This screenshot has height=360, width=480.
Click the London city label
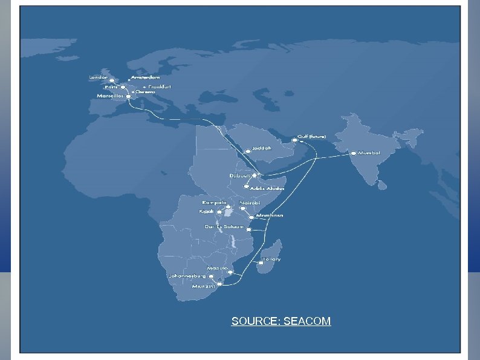pos(98,77)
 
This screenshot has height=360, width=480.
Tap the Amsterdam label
pos(146,77)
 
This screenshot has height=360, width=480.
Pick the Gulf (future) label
pos(311,137)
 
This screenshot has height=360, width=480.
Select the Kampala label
pos(215,202)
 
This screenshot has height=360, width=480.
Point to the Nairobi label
pos(250,202)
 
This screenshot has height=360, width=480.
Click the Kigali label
pos(207,212)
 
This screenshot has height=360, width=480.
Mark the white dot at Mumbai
pos(354,154)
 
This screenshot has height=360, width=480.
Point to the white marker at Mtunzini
pos(219,283)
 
